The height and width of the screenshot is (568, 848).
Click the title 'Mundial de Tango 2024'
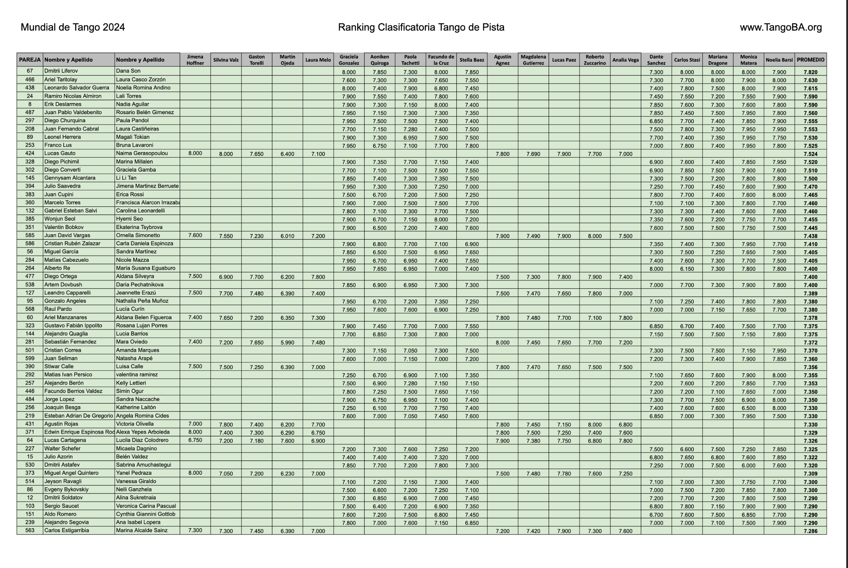coord(72,27)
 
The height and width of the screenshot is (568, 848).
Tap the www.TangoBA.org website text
coord(780,27)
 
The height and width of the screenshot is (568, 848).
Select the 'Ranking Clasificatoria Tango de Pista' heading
coord(421,27)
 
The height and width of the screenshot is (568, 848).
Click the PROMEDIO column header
coord(810,60)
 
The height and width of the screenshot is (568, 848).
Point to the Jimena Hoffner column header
coord(195,60)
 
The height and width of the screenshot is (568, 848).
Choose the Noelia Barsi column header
coord(779,60)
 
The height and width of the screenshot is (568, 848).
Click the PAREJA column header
coord(30,60)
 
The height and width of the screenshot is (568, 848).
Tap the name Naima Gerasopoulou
coord(142,153)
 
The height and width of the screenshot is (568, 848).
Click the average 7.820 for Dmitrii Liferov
coord(810,72)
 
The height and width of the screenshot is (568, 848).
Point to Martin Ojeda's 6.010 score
coord(287,236)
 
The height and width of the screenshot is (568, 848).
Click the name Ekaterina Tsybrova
coord(139,227)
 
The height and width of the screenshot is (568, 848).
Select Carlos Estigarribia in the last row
coord(66,530)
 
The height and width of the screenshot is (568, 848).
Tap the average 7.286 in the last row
coord(810,531)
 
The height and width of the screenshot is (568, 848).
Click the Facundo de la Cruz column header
coord(441,60)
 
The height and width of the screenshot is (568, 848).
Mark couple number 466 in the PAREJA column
coord(30,79)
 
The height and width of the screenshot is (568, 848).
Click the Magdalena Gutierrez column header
coord(533,60)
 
